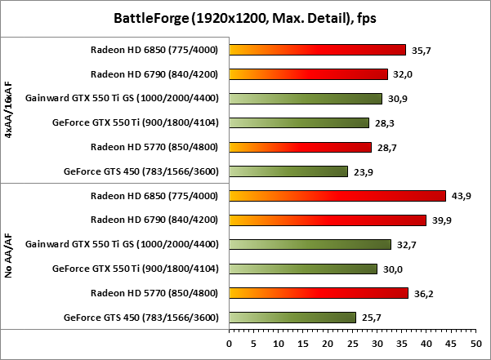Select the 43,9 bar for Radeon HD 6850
(337, 195)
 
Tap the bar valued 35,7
(318, 49)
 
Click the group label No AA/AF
(9, 256)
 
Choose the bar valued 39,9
(328, 220)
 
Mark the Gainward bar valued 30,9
(306, 98)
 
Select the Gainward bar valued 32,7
(310, 244)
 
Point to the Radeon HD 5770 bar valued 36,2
(319, 292)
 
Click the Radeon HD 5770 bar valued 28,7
(301, 147)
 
